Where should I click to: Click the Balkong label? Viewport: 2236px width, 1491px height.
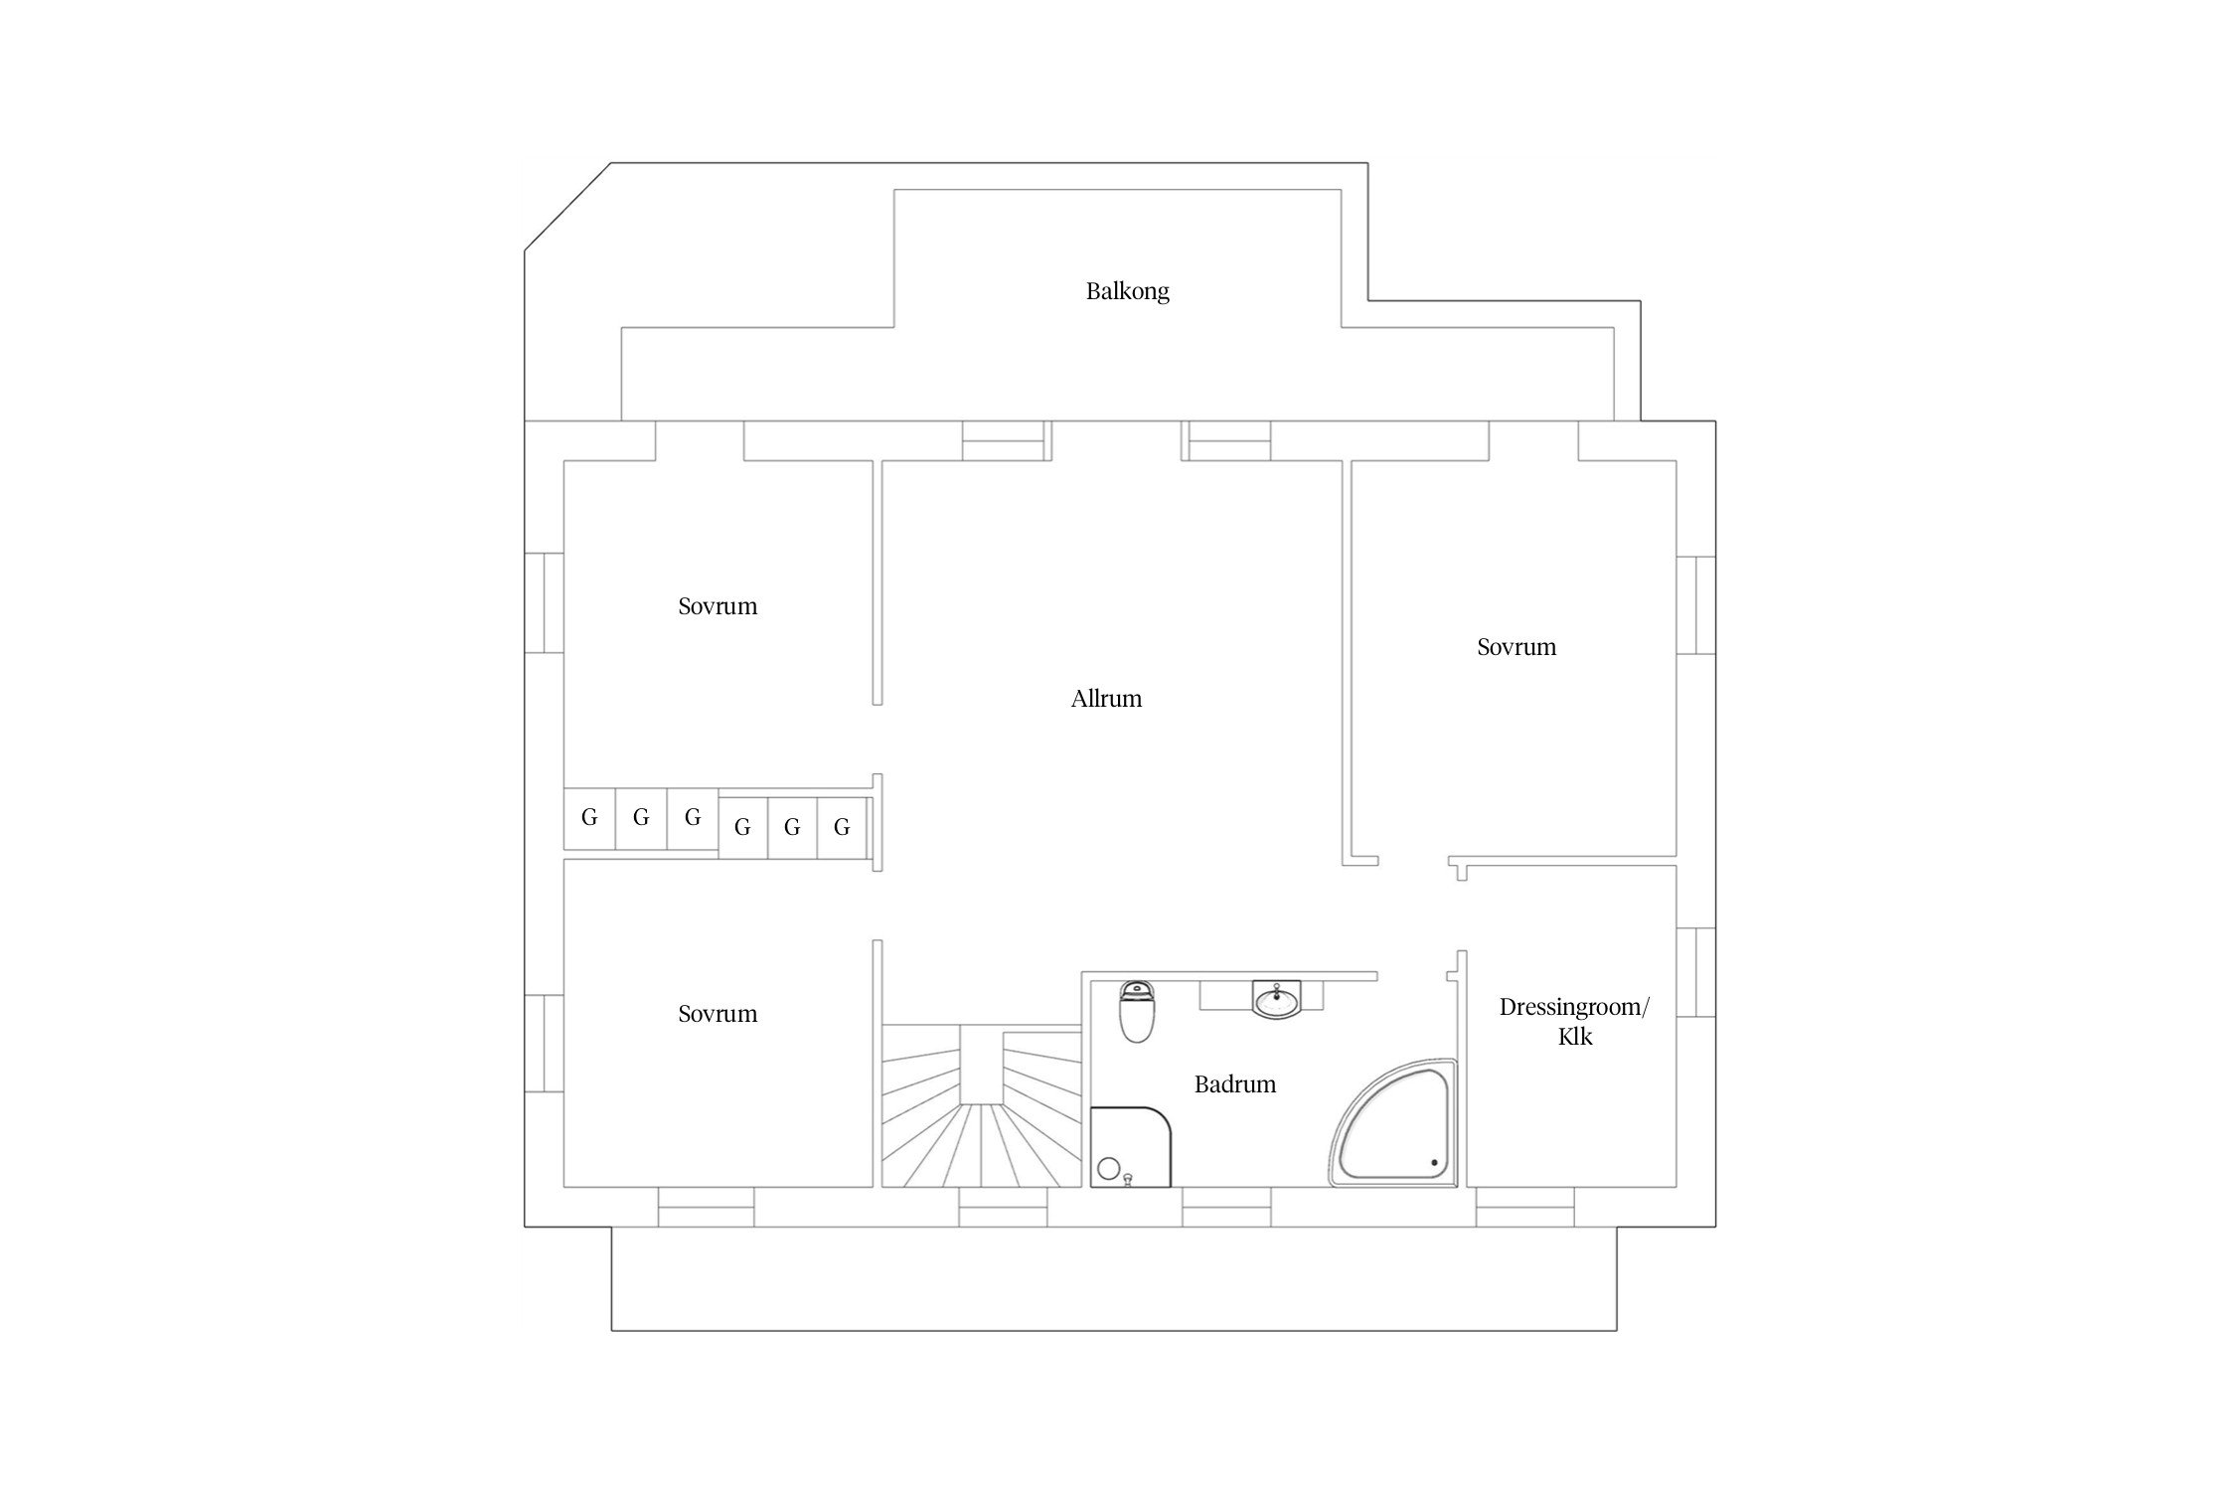[x=1127, y=292]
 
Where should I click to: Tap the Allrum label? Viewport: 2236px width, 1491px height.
[x=1106, y=699]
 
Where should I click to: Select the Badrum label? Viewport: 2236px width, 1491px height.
[x=1234, y=1084]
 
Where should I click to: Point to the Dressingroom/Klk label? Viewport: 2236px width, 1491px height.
[x=1574, y=1022]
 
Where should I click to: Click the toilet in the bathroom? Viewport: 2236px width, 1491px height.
[x=1137, y=1012]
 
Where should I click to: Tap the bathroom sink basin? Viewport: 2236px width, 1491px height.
[x=1276, y=1000]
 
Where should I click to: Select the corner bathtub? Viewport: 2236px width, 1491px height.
[x=1393, y=1123]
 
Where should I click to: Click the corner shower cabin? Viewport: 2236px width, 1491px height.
[x=1131, y=1147]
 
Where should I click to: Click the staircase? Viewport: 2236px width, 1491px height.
[x=981, y=1106]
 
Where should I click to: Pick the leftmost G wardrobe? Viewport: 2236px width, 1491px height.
[x=589, y=819]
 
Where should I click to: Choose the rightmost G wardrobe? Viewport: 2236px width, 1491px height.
[x=842, y=827]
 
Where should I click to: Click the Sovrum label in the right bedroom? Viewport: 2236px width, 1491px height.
[x=1517, y=648]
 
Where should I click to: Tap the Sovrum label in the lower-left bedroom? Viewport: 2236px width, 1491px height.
[x=718, y=1015]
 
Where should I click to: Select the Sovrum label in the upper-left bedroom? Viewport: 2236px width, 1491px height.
[x=718, y=607]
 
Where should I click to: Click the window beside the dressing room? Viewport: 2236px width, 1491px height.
[x=1696, y=972]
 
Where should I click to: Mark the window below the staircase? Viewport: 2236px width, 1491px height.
[x=1003, y=1208]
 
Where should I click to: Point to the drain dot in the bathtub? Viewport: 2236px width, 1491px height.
[x=1433, y=1162]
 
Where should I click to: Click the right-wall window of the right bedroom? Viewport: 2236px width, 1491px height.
[x=1696, y=605]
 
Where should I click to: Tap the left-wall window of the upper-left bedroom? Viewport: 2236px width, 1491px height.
[x=544, y=603]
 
